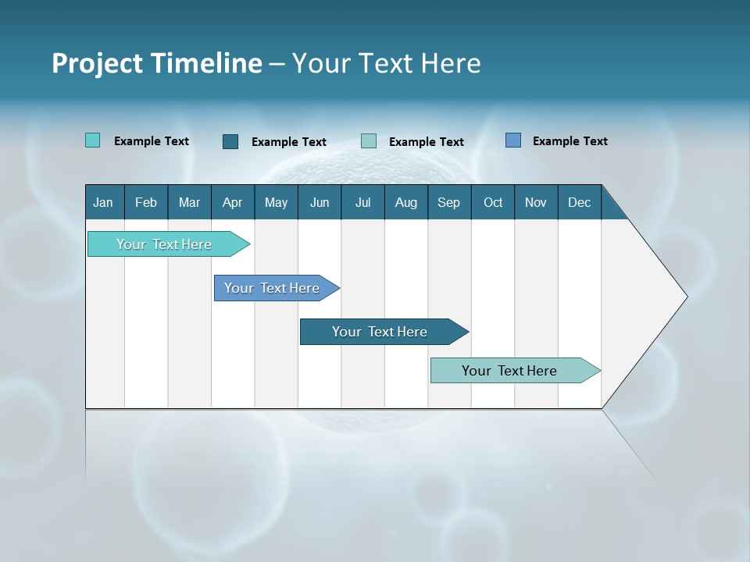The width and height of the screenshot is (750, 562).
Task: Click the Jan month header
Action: [x=104, y=202]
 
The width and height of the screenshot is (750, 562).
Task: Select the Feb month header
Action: [x=146, y=202]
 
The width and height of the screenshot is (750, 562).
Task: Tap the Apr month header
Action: [x=233, y=202]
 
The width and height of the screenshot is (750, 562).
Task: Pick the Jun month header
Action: [x=320, y=202]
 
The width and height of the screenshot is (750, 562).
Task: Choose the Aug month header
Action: [x=406, y=202]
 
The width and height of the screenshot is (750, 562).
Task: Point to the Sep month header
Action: [x=449, y=202]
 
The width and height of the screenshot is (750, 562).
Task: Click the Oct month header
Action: [x=493, y=202]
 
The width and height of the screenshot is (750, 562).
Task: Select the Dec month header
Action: [x=580, y=202]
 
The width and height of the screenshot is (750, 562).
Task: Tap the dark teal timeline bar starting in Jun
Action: [x=380, y=332]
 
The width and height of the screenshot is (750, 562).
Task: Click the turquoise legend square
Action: [x=93, y=140]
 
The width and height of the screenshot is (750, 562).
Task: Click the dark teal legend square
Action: [x=230, y=141]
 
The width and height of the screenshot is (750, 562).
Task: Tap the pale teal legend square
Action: [x=369, y=141]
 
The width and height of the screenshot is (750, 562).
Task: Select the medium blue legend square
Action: [x=513, y=140]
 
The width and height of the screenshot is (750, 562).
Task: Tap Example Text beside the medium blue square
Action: [x=570, y=141]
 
